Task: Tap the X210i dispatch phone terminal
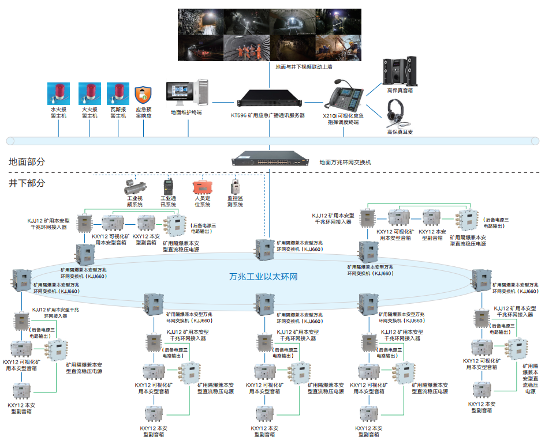(x=346, y=95)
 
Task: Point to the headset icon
(x=397, y=112)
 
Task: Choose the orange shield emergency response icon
(x=143, y=95)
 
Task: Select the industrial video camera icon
(x=135, y=186)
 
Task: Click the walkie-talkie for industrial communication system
(x=167, y=186)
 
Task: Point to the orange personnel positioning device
(x=203, y=187)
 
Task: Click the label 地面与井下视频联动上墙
(x=304, y=67)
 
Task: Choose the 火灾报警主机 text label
(x=89, y=112)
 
